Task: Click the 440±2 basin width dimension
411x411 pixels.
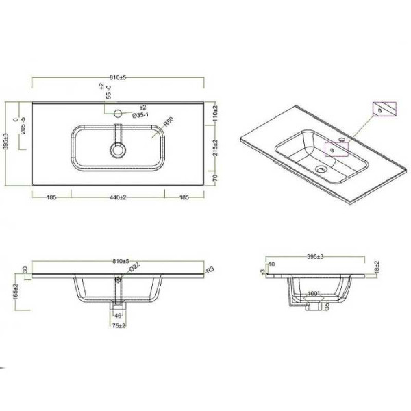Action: click(x=118, y=197)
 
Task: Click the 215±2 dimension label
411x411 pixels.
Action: click(x=215, y=147)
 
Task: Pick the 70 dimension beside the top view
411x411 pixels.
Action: click(x=215, y=177)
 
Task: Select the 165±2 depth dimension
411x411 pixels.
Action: click(x=14, y=292)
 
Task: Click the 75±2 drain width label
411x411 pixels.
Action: click(x=119, y=326)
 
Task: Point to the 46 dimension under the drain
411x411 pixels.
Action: click(x=118, y=315)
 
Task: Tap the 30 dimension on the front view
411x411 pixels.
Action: click(x=25, y=269)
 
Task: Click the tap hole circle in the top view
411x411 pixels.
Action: click(x=118, y=114)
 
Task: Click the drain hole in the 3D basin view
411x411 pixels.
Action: click(x=319, y=166)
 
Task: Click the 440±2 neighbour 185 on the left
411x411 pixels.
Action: click(x=51, y=197)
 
